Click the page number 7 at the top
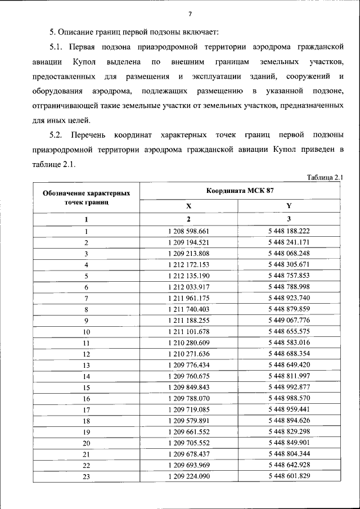190,14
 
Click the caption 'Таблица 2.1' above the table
325,178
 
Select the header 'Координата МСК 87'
240,191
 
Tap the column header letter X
188,206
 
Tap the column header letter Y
289,206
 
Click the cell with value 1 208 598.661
188,231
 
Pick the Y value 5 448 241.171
289,242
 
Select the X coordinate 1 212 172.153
188,264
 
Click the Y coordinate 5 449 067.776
289,320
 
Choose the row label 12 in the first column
86,354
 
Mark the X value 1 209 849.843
188,387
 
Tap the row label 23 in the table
86,476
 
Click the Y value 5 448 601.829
289,476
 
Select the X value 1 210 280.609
188,343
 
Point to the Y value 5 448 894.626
289,421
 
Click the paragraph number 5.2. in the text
58,135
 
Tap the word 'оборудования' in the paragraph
57,91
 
